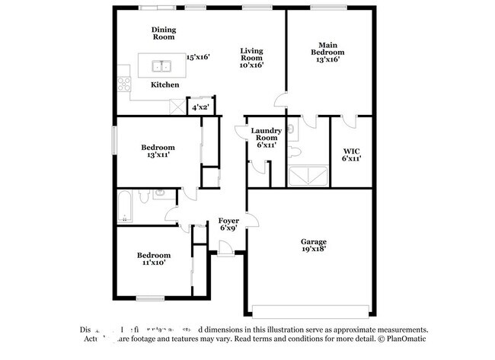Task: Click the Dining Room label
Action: pos(164,33)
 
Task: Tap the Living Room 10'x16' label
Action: pos(251,58)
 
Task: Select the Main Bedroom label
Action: pos(327,51)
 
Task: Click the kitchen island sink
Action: pos(161,65)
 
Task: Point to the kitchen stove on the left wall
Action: pos(123,84)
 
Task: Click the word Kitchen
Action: pos(164,84)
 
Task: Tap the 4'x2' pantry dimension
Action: pos(200,108)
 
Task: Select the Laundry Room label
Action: pos(266,137)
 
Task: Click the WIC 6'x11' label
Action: pos(351,154)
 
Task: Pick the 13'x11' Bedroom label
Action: pos(158,151)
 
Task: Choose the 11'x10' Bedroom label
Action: pos(153,259)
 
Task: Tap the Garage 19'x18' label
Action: pos(313,244)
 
